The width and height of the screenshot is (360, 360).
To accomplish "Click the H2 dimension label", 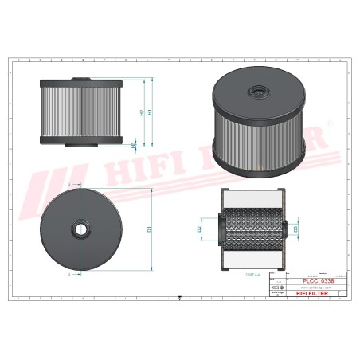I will [141, 113].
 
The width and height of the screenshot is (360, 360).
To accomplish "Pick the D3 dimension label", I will [296, 229].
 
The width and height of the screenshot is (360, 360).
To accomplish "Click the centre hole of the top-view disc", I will [80, 229].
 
